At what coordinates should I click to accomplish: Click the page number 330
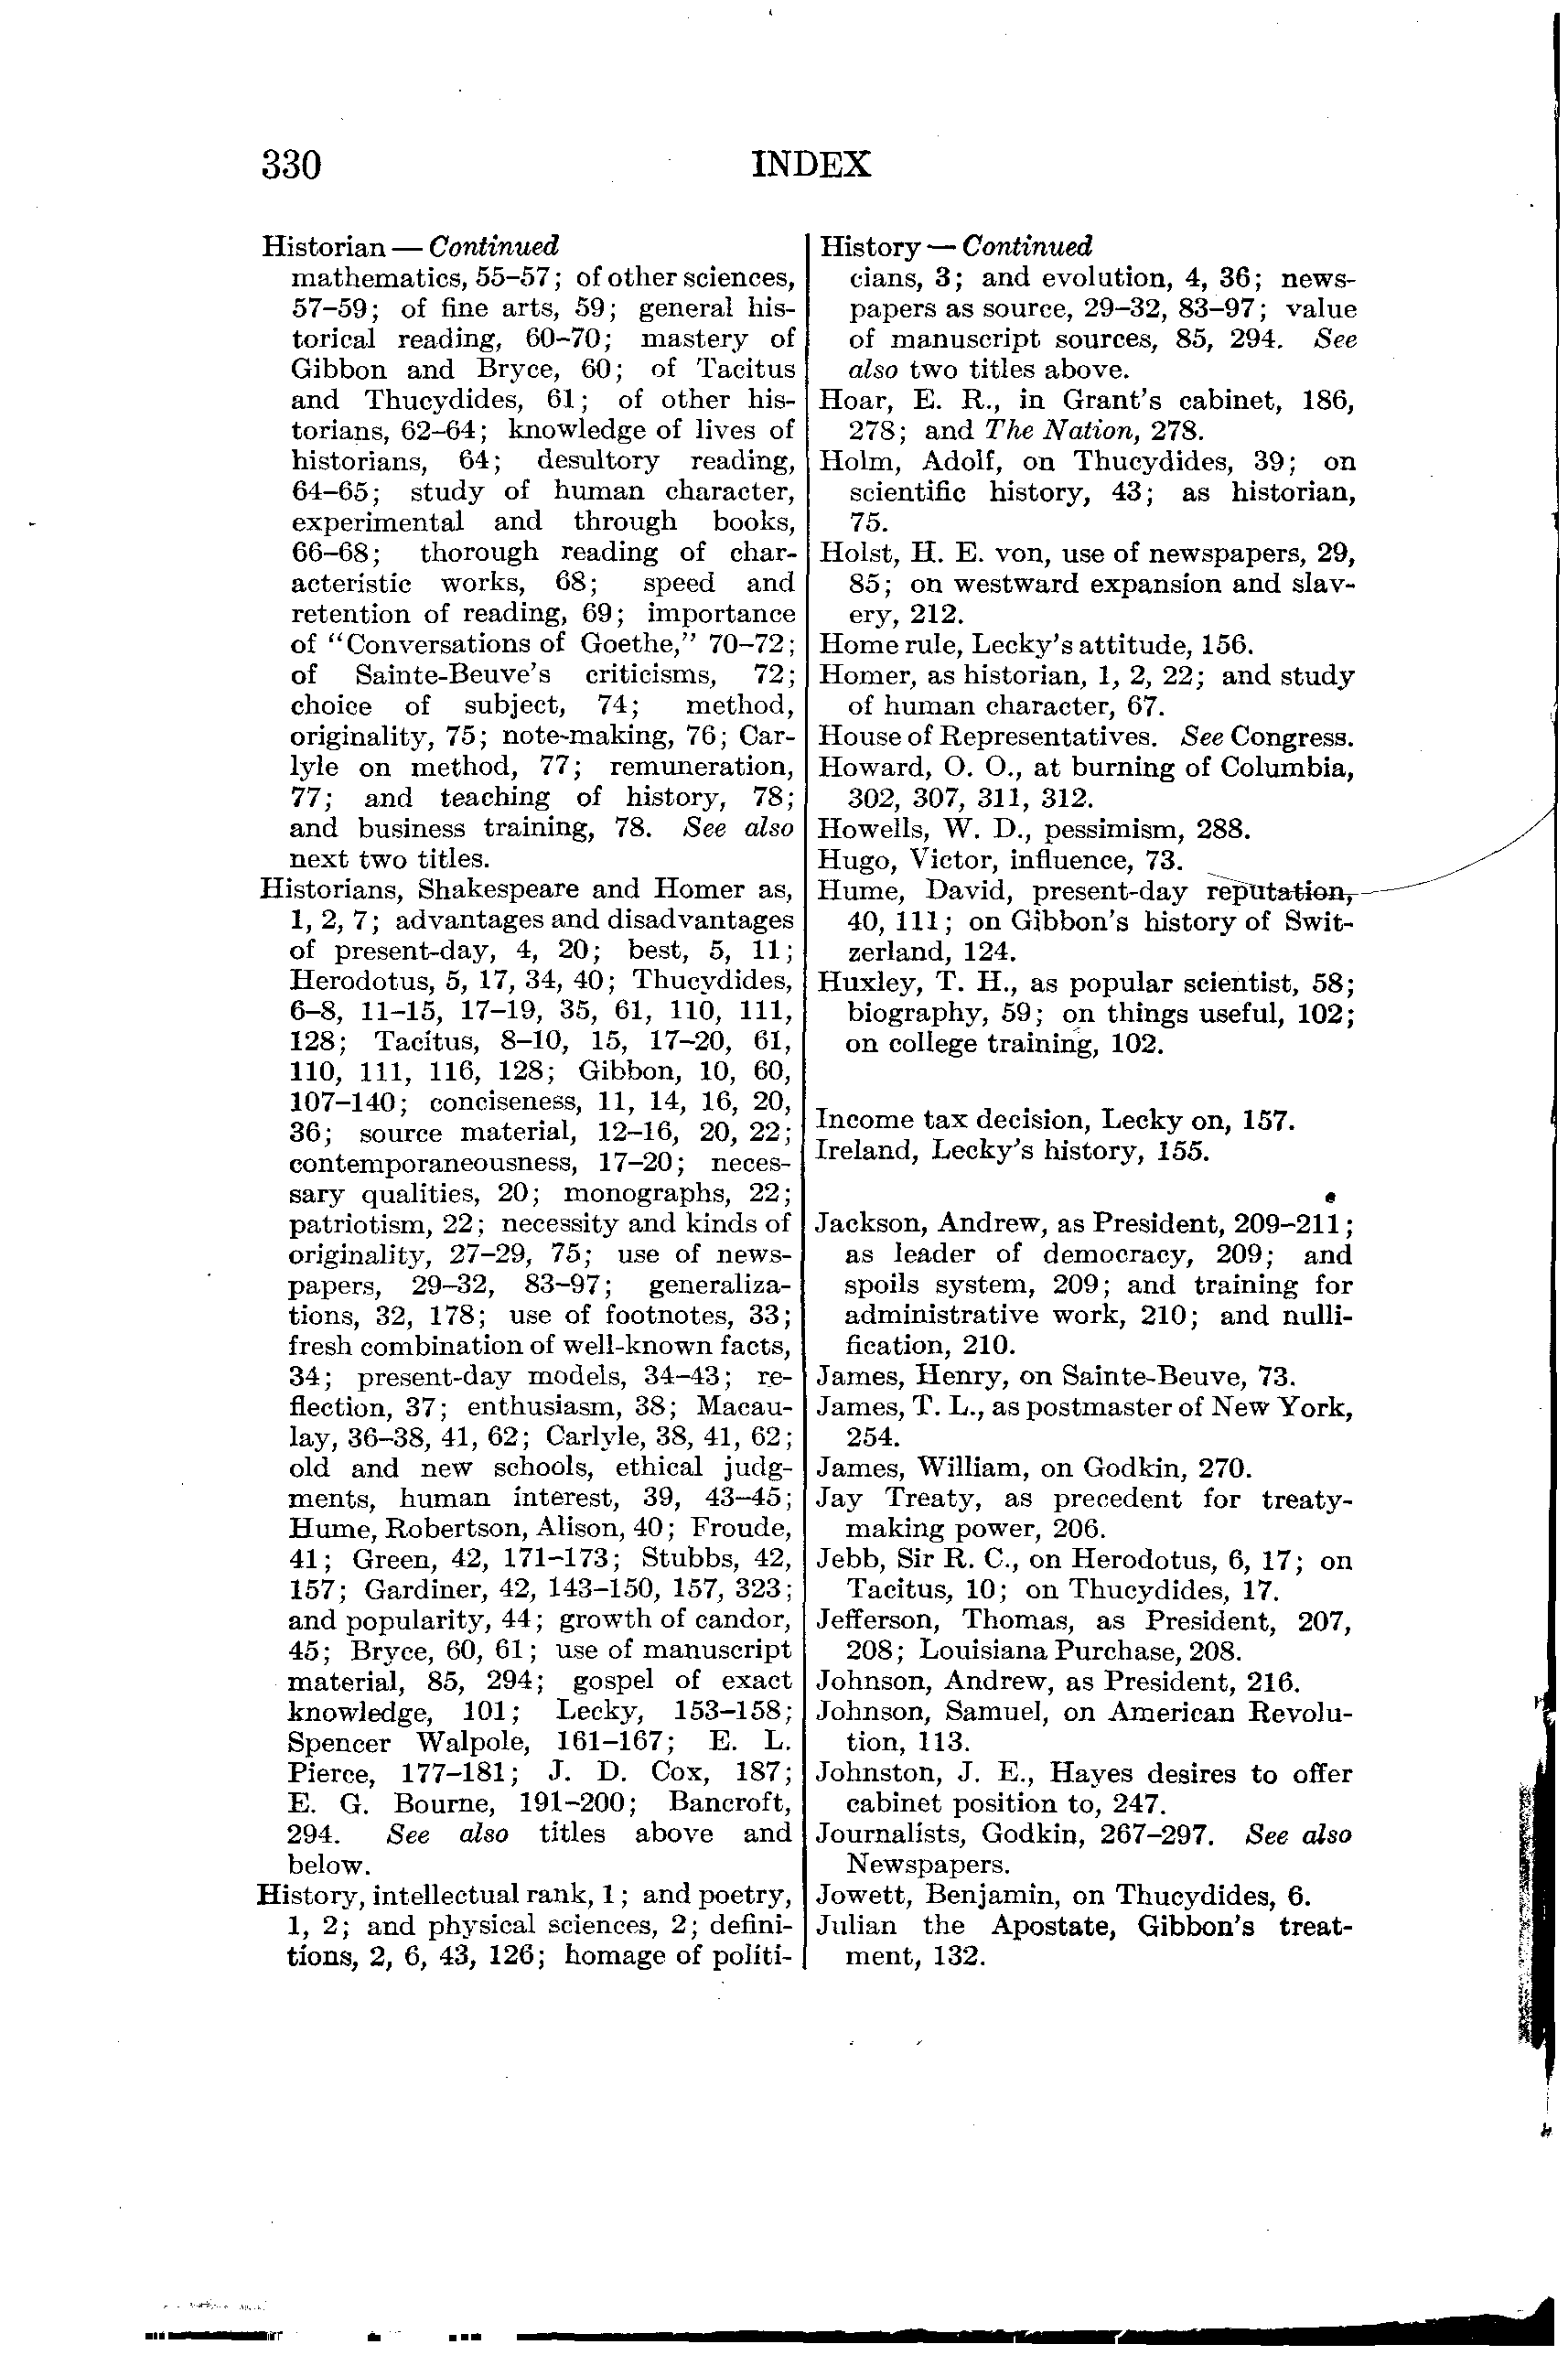click(x=291, y=165)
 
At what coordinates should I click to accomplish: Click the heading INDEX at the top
click(x=811, y=164)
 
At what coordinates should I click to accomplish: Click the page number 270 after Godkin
click(x=1228, y=1469)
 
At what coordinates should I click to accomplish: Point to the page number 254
click(x=874, y=1437)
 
